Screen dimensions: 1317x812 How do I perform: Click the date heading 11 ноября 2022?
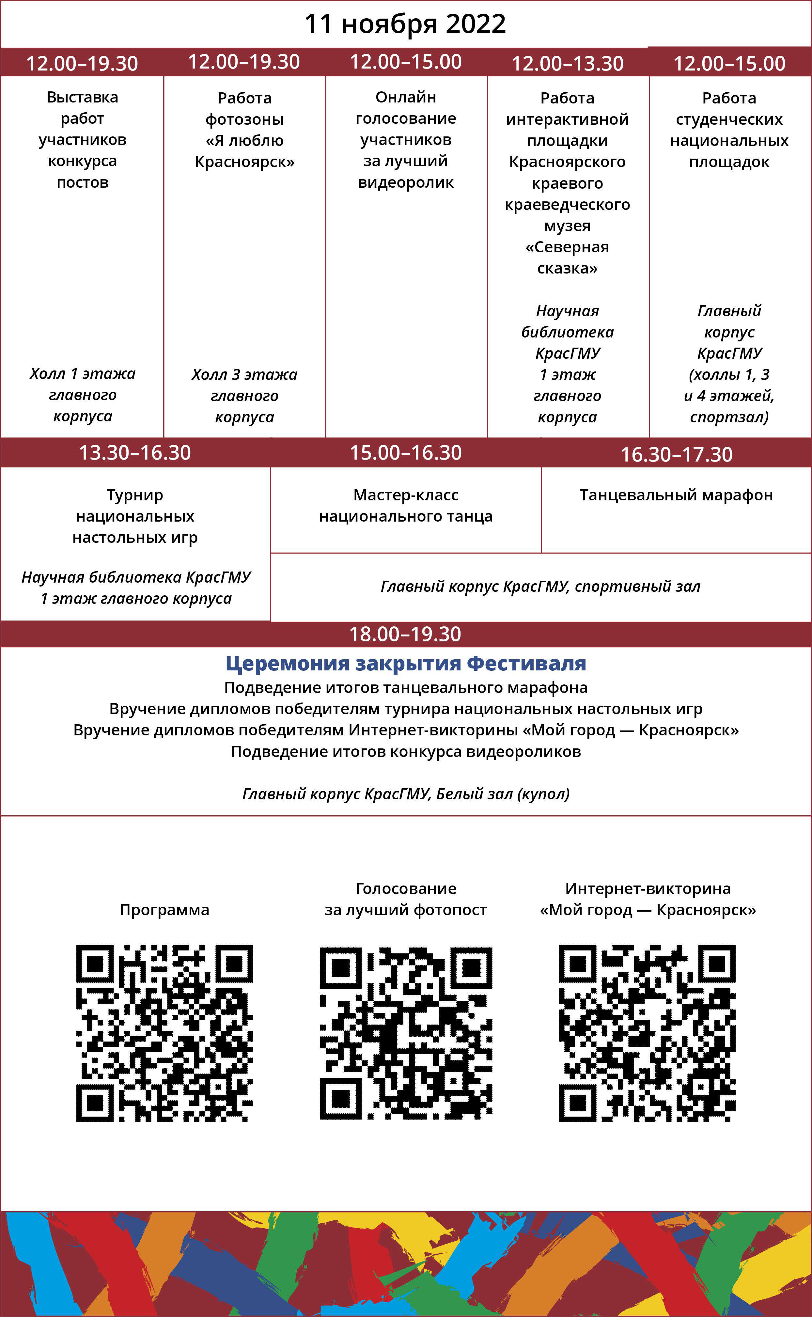(405, 24)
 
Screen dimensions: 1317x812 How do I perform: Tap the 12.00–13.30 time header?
(567, 63)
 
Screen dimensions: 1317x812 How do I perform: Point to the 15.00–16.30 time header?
(405, 453)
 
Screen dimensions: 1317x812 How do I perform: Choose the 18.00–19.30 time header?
(405, 634)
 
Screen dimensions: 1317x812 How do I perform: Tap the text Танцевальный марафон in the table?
(676, 495)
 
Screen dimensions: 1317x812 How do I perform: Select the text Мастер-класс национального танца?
(405, 506)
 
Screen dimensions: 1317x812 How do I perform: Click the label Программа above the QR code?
(164, 910)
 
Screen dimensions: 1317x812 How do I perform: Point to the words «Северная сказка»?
(567, 258)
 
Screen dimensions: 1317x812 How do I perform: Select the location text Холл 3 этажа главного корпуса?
(244, 396)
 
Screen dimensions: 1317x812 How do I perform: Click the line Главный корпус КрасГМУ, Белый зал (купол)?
(405, 794)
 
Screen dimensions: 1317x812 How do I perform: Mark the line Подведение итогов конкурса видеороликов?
(405, 751)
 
